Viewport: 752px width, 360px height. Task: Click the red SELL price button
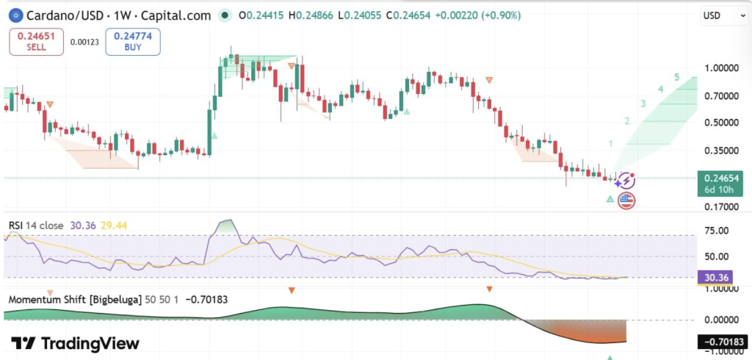37,41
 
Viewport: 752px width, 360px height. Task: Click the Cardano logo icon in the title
13,15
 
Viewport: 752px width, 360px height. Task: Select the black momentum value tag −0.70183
723,342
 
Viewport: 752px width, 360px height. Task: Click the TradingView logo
74,344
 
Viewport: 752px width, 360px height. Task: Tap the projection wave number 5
676,77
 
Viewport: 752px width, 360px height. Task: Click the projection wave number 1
610,143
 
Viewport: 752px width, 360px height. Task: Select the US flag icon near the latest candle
626,200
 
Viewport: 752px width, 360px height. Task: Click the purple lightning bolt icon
626,181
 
